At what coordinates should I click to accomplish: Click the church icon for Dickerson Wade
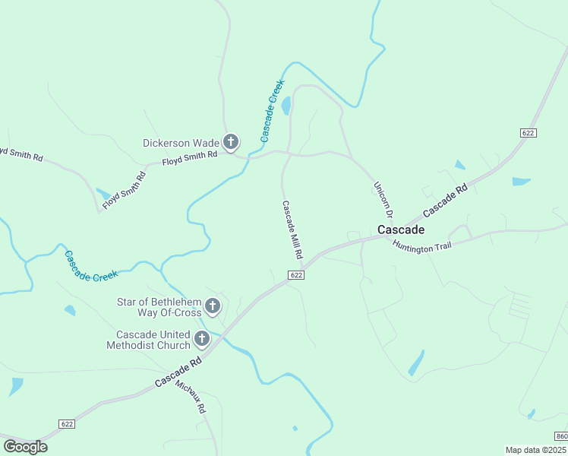coord(231,142)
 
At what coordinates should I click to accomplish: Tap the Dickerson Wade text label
coord(181,143)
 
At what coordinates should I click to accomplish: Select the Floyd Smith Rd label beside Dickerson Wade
coord(190,158)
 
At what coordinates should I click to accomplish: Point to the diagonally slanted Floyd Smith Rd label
coord(124,190)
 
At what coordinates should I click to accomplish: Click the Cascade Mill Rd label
coord(292,230)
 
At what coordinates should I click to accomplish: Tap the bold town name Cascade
coord(401,230)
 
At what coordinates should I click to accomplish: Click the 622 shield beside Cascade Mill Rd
coord(297,275)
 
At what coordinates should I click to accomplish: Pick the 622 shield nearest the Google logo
coord(68,423)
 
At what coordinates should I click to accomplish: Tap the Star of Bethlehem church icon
coord(213,307)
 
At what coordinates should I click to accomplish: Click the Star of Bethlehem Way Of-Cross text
coord(159,307)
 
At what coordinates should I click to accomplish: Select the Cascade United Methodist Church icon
coord(202,340)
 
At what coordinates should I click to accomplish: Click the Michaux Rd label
coord(191,397)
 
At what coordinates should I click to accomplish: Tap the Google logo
coord(25,447)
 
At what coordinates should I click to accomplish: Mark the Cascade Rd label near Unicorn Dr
coord(444,200)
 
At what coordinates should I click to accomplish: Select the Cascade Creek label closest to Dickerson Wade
coord(272,111)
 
